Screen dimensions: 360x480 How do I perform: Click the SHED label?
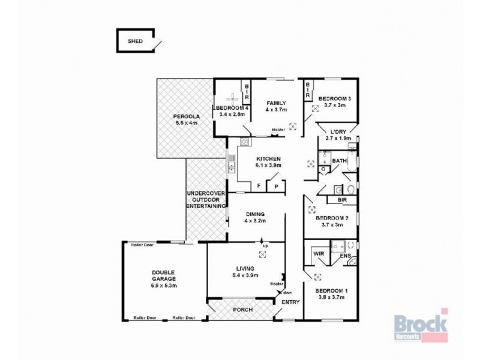click(136, 42)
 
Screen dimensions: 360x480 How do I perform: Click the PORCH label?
click(242, 310)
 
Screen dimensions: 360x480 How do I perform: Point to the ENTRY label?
click(290, 302)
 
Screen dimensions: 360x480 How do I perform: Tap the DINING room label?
click(255, 214)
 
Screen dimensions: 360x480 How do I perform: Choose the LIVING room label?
click(245, 268)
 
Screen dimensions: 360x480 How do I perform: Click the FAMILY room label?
click(276, 103)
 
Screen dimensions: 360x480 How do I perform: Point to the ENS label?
click(344, 256)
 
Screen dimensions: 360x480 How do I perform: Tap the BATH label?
click(339, 161)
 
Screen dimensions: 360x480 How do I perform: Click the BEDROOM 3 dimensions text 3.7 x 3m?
click(334, 105)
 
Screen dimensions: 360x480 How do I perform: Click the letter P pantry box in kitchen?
click(277, 187)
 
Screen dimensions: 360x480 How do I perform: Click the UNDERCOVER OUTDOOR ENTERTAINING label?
click(205, 199)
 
